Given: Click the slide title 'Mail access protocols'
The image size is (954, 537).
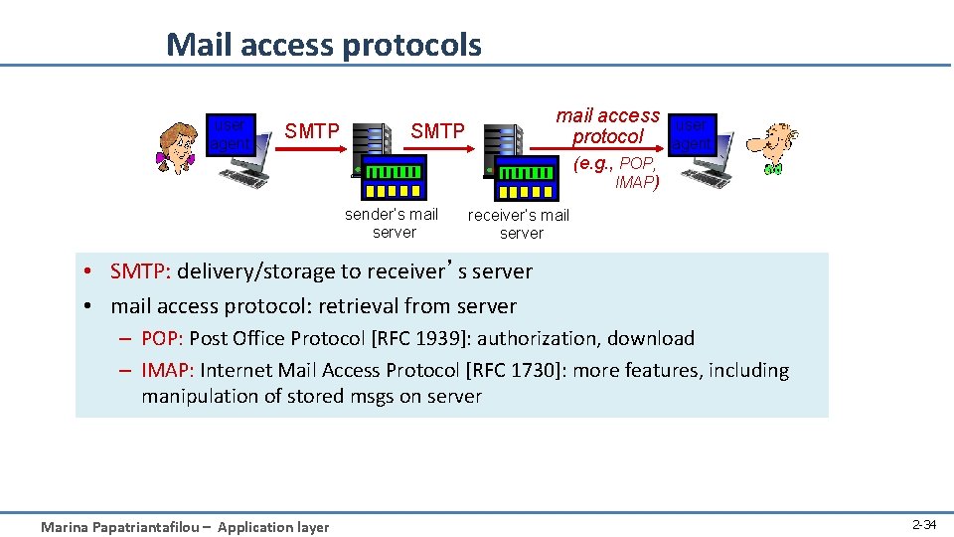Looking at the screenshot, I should click(323, 45).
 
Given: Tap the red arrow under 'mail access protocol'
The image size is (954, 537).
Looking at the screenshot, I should click(597, 151).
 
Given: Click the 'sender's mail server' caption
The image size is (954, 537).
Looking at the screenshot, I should click(393, 223).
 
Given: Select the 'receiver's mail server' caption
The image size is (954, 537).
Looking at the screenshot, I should click(520, 224).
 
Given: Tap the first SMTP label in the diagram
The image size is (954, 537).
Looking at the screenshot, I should click(312, 131).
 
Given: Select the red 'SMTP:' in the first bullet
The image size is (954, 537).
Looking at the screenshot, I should click(141, 271).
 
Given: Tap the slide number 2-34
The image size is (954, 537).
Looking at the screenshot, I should click(923, 524).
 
